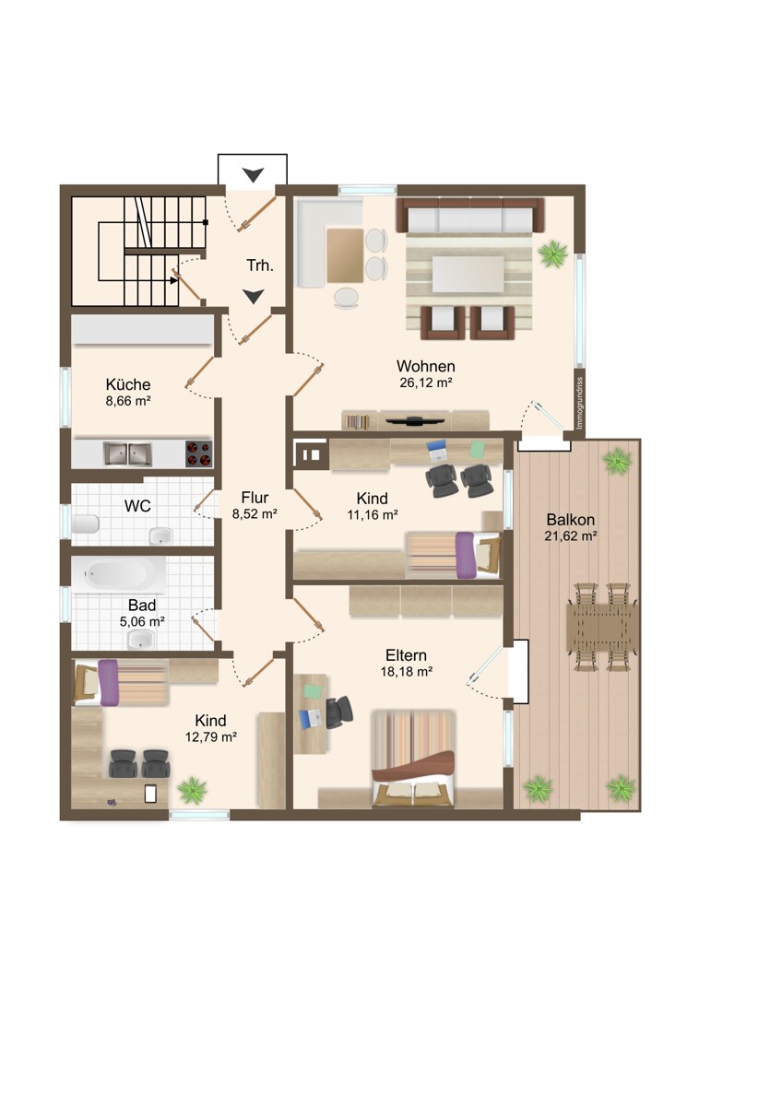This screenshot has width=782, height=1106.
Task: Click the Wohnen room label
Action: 425,367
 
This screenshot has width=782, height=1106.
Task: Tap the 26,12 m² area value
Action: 426,382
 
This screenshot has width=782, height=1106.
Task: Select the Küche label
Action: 128,384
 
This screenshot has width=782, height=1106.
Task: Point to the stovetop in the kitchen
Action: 198,453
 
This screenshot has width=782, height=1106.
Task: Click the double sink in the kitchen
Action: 127,453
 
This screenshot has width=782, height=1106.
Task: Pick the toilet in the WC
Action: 85,524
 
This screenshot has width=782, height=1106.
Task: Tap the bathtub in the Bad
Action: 119,574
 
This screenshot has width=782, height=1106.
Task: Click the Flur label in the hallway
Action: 255,497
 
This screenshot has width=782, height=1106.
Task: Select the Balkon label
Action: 570,520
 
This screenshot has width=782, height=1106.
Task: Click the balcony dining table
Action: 601,627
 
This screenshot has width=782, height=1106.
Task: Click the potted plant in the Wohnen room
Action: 552,253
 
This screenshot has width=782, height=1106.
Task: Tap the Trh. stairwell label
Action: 260,265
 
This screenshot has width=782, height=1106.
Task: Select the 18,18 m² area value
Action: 406,672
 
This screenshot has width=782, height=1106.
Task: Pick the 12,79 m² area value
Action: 211,737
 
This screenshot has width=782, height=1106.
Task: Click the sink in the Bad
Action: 141,639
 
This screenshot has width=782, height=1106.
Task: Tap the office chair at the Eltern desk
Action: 339,712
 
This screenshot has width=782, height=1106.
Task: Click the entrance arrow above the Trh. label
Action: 253,175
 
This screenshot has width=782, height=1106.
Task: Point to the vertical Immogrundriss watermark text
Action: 580,403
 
